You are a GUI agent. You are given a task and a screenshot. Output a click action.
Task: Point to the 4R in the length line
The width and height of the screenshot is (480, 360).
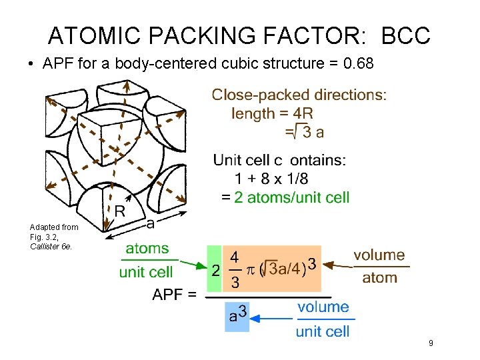[303, 113]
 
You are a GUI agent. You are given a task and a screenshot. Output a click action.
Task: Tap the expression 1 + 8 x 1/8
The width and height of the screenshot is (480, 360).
[271, 179]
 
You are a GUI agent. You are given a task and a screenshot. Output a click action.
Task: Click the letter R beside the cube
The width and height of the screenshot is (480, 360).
[120, 211]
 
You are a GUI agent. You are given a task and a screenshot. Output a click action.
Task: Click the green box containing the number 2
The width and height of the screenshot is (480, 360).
[215, 269]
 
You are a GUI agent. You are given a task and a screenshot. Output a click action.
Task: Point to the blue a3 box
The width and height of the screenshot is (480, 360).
[237, 313]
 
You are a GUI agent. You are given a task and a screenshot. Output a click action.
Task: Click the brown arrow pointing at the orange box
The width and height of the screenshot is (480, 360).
[336, 265]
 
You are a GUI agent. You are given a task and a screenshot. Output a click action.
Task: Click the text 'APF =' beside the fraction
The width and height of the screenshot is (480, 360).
[174, 294]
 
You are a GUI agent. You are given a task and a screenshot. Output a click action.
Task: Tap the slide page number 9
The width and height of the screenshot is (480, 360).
[431, 343]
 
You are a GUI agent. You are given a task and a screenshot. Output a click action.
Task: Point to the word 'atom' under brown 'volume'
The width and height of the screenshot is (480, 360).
[379, 277]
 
